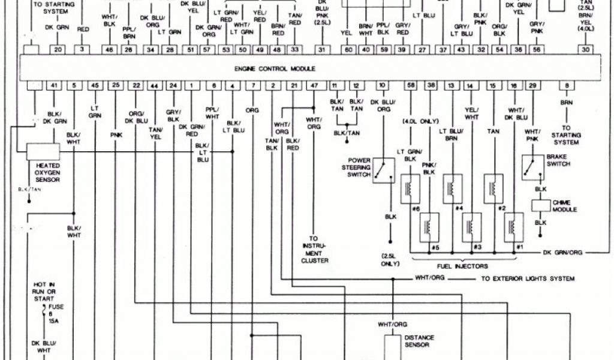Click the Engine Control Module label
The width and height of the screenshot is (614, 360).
click(275, 69)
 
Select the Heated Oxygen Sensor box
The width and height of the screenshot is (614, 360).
click(43, 151)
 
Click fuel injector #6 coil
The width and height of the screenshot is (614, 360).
click(411, 188)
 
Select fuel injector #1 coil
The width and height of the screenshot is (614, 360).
click(514, 227)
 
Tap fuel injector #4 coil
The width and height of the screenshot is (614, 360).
click(452, 188)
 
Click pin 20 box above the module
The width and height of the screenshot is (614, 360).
click(57, 50)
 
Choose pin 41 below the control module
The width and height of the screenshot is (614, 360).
click(53, 86)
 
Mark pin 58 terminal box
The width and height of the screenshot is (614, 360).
click(411, 86)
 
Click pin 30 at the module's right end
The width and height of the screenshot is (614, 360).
click(585, 50)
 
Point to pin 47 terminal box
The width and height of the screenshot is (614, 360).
click(314, 86)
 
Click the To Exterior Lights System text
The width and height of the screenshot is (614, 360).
click(528, 279)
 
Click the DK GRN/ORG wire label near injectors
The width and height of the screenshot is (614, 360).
click(562, 253)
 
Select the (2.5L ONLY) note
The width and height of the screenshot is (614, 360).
click(390, 260)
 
